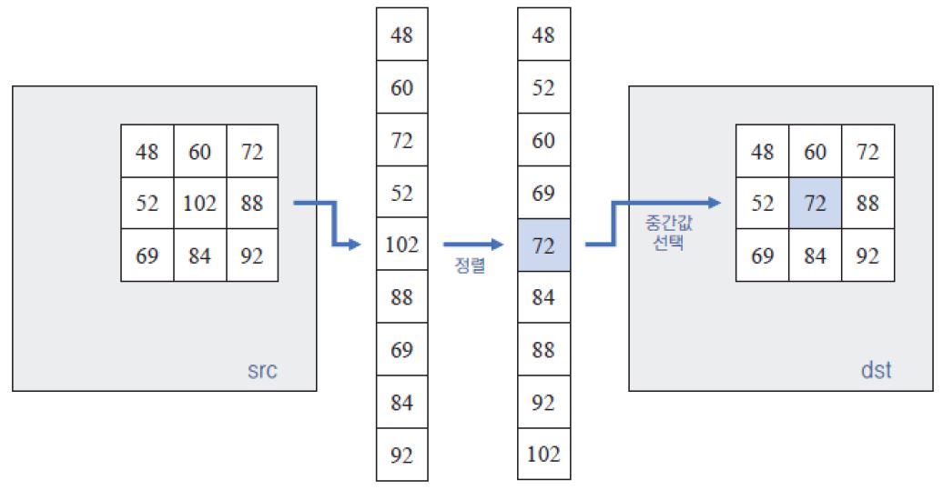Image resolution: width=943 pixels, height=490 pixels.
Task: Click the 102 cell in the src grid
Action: tap(199, 204)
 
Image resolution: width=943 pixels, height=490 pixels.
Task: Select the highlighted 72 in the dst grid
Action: tap(816, 204)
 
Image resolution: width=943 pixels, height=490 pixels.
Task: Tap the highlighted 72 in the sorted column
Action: tap(543, 245)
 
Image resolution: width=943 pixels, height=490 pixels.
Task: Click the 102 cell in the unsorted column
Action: tap(401, 245)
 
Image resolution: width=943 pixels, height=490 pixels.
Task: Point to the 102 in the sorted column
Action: tap(543, 454)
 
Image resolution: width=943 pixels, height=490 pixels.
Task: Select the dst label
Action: tap(876, 371)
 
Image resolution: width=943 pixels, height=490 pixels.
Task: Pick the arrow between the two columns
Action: tap(472, 245)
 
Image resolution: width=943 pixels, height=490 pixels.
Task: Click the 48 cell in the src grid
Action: tap(147, 152)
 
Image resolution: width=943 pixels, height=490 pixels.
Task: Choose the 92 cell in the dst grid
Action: tap(868, 256)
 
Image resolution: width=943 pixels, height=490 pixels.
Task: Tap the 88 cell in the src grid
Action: tap(252, 204)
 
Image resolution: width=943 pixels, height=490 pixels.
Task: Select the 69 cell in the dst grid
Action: tap(763, 256)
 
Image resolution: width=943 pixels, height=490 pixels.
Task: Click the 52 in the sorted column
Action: tap(543, 88)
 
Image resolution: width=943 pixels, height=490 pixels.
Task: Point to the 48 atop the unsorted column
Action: tap(401, 35)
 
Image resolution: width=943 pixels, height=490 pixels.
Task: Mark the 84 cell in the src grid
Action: tap(199, 256)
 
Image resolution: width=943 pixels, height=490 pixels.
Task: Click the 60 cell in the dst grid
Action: tap(816, 152)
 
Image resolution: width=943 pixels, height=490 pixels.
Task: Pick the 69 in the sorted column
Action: tap(543, 193)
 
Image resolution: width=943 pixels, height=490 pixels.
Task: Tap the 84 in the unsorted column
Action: tap(401, 402)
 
